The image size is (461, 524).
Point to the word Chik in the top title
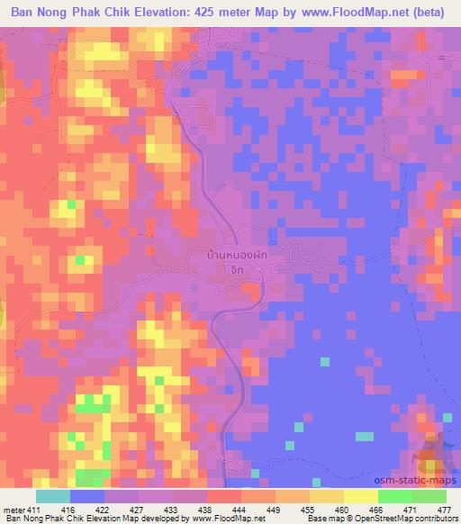(98, 12)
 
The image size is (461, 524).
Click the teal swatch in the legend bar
(52, 495)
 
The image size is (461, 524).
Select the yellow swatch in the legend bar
(360, 495)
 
